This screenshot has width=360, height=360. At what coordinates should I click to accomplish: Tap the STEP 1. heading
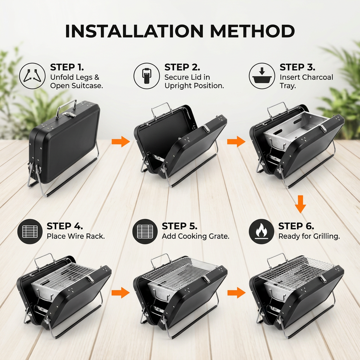click(x=67, y=67)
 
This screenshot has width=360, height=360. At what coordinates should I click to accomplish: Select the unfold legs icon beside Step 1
click(x=32, y=76)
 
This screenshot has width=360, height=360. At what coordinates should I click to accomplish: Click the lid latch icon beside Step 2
click(x=147, y=76)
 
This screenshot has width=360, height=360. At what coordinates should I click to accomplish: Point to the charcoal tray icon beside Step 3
click(x=262, y=76)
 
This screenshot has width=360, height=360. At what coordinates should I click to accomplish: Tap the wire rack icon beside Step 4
click(x=30, y=231)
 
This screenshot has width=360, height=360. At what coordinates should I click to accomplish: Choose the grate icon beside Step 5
click(x=145, y=231)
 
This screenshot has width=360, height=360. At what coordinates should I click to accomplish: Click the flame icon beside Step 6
click(x=261, y=231)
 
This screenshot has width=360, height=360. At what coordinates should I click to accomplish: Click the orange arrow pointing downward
click(x=300, y=204)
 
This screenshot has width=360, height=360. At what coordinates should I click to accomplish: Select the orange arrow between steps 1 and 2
click(x=121, y=141)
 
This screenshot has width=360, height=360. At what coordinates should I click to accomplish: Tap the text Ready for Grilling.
click(x=309, y=236)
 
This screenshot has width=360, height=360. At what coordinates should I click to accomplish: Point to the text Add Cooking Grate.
click(x=196, y=236)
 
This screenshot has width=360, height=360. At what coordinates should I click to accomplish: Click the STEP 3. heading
click(x=297, y=67)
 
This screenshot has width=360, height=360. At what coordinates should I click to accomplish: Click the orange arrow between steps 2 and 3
click(x=236, y=141)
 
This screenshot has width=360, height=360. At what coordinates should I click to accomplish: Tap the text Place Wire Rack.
click(x=76, y=236)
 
